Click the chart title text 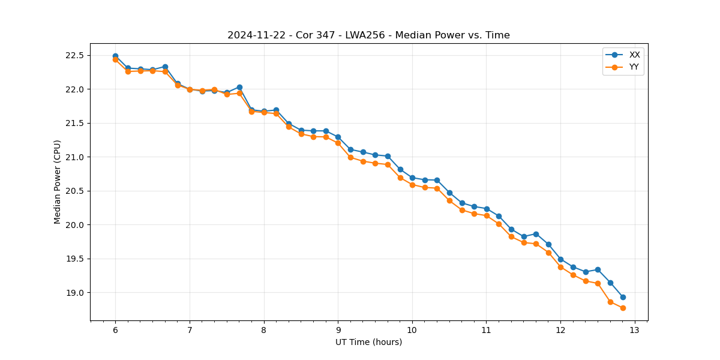pos(368,35)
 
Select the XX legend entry pos(634,55)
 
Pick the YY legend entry pos(634,67)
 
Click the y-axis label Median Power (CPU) pos(58,182)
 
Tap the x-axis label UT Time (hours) pos(368,342)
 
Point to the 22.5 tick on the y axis pos(77,56)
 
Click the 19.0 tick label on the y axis pos(77,293)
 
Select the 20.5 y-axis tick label pos(77,191)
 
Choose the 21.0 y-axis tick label pos(77,157)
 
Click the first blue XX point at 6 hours pos(115,56)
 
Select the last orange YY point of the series pos(623,308)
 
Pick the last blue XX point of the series pos(623,297)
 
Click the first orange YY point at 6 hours pos(115,60)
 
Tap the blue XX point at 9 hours pos(338,137)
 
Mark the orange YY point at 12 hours pos(560,267)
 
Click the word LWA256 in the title pos(364,35)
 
